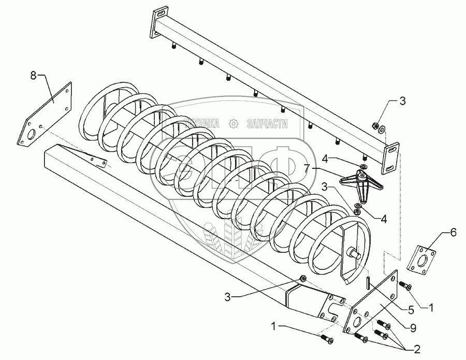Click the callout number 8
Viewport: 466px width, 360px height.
34,76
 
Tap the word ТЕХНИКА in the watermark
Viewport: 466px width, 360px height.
202,123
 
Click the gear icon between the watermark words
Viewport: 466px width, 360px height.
233,123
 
